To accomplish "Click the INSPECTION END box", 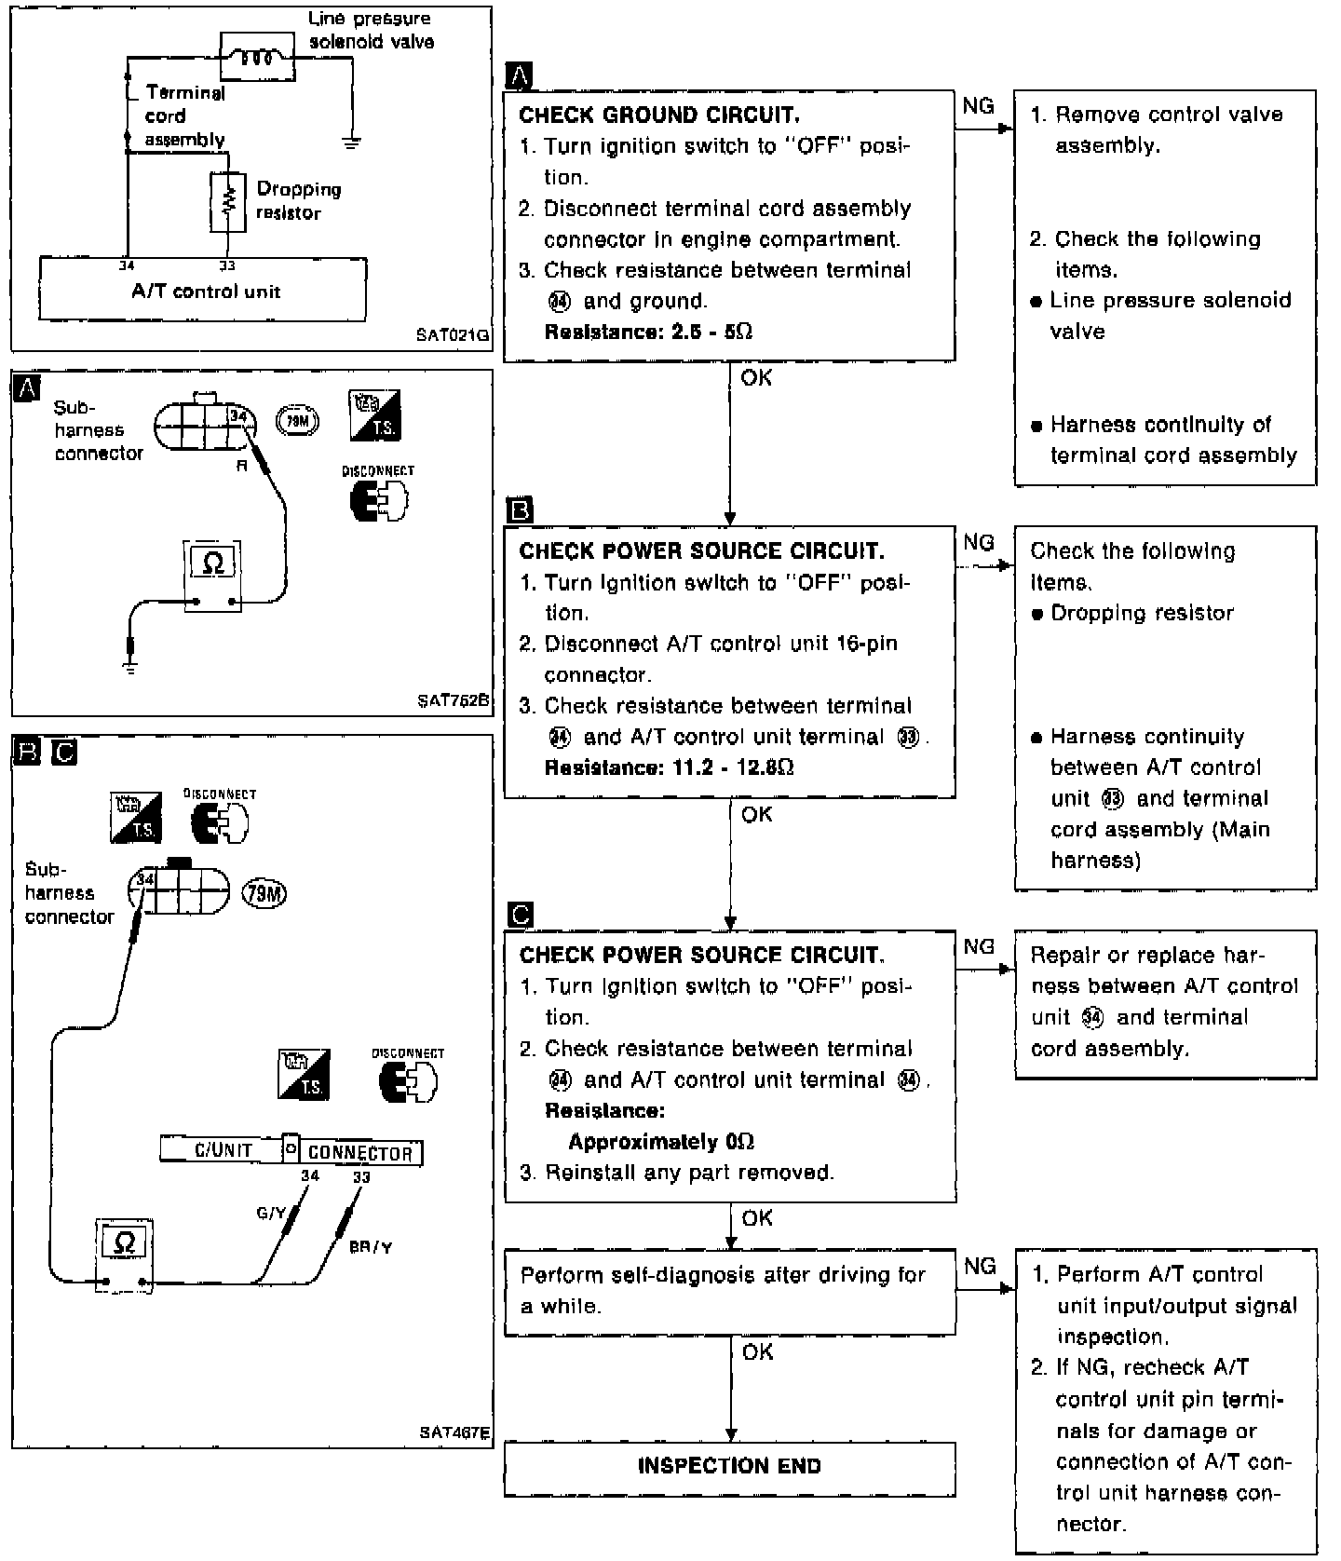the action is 729,1469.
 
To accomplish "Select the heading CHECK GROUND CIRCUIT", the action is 658,115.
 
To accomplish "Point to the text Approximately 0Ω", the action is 661,1142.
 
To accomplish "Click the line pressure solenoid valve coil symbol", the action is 257,57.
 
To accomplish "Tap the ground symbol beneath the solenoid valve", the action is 352,143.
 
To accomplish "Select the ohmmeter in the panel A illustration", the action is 212,575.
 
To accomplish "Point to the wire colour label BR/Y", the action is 370,1247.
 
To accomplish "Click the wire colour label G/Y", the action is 271,1213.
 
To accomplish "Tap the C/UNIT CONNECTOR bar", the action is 291,1151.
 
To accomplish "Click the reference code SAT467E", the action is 454,1432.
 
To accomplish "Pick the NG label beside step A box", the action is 978,106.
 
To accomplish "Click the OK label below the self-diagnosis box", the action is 757,1351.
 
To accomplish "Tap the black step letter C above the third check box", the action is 521,915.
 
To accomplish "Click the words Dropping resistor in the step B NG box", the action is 1143,613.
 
